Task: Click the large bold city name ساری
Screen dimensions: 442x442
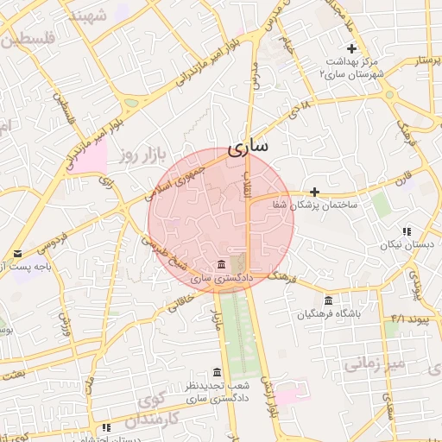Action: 247,148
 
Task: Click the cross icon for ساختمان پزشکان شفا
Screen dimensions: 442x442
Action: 314,192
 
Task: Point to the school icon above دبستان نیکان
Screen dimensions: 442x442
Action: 406,231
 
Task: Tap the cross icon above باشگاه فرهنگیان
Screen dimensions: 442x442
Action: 351,298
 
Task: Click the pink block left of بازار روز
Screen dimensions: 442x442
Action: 90,156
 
